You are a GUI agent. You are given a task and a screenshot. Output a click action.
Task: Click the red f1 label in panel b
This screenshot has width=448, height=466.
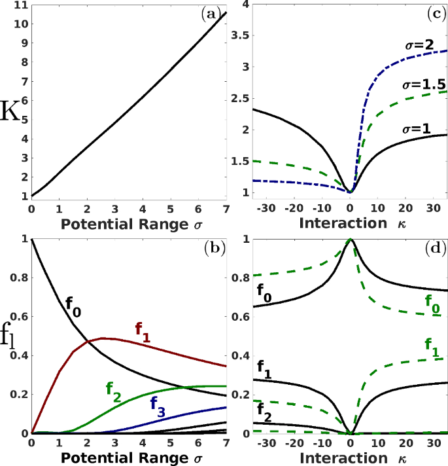point(143,329)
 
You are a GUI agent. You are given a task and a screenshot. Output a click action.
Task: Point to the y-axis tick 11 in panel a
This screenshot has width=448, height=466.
point(20,5)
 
